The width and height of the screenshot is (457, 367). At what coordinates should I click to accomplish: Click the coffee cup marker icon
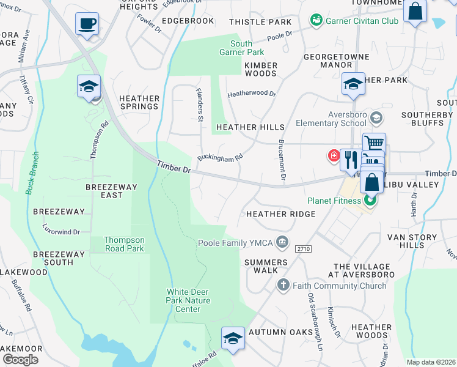(x=86, y=24)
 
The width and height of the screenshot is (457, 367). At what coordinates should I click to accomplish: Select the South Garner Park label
(x=241, y=48)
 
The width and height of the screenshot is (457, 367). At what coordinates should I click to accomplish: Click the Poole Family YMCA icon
(x=282, y=243)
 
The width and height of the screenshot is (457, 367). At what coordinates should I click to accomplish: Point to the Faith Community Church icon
(x=282, y=285)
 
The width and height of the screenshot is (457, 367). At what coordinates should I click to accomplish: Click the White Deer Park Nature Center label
(x=188, y=300)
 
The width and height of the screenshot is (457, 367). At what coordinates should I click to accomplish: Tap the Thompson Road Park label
(x=124, y=245)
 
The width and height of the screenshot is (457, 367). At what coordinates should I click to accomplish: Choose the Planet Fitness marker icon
(x=370, y=200)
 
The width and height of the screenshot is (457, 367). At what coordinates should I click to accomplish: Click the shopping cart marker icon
(x=374, y=144)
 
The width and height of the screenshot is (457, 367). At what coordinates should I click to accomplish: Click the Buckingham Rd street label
(x=221, y=158)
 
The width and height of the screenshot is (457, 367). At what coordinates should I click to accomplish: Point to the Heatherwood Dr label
(x=252, y=95)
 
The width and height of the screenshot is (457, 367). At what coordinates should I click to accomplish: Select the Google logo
(x=21, y=359)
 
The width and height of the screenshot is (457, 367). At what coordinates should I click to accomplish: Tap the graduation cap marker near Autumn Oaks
(x=233, y=338)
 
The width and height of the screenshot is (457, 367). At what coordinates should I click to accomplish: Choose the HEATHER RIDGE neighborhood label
(x=281, y=214)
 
